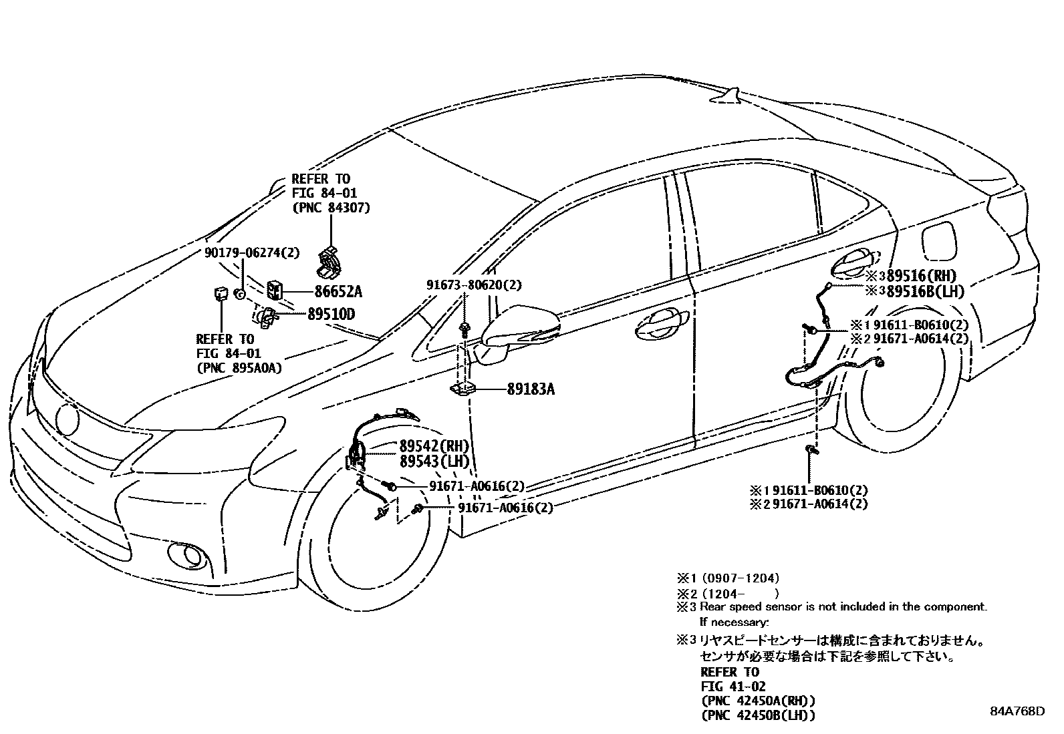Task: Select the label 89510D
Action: coord(331,314)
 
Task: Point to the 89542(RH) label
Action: coord(434,446)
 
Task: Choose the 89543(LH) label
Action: coord(434,461)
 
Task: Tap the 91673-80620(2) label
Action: coord(474,285)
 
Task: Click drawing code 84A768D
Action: coord(1017,711)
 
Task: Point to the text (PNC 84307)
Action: coord(331,208)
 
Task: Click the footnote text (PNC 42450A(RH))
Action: coord(758,701)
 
